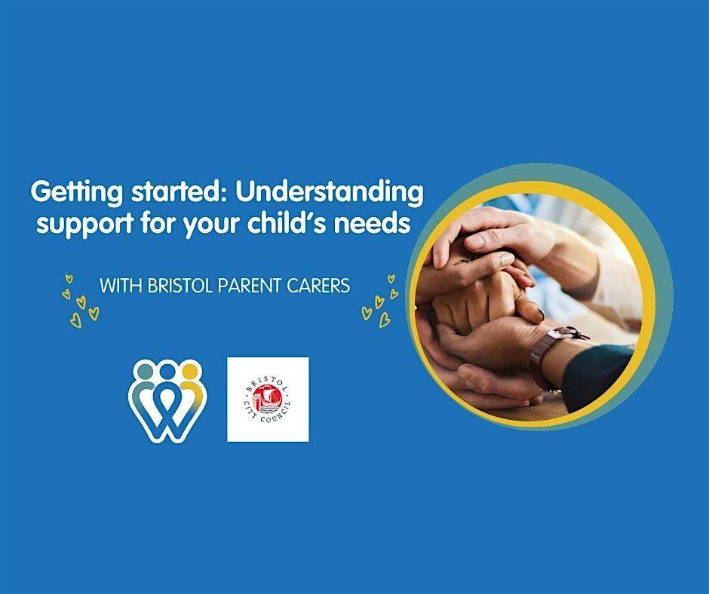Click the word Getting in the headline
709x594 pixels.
(76, 192)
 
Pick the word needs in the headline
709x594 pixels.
(372, 222)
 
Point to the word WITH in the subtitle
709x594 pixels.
(121, 286)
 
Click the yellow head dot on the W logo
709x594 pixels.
(189, 371)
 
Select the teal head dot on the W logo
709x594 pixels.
(145, 371)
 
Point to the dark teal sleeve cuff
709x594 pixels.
(597, 376)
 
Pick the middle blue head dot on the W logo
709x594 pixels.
(167, 371)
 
